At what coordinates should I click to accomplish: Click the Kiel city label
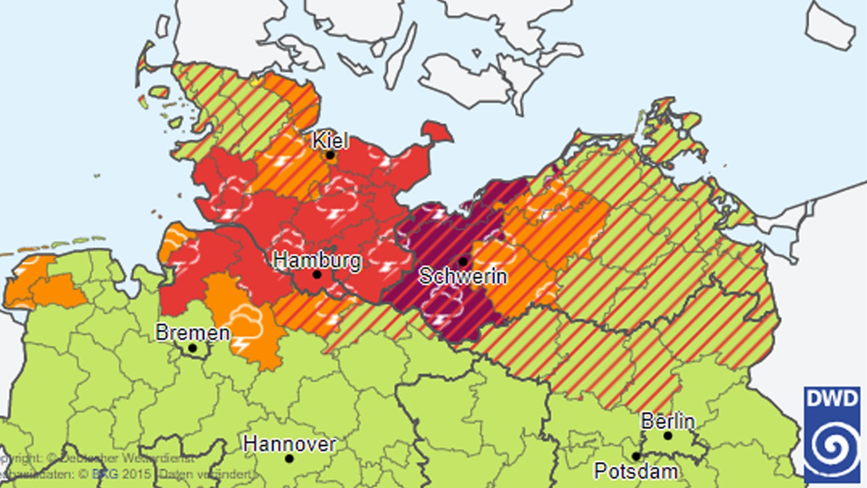(x=329, y=141)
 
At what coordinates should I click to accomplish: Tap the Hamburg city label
(x=317, y=260)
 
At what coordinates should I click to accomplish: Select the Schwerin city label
(x=463, y=276)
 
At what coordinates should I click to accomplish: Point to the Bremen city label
(x=192, y=332)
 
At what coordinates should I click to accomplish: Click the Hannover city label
(x=289, y=444)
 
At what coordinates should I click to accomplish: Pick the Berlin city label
(x=668, y=421)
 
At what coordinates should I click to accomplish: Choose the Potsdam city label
(x=636, y=471)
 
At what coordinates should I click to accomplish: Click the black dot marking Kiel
(x=330, y=156)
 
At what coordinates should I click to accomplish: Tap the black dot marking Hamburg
(x=317, y=275)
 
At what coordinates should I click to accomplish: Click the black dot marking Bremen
(x=192, y=348)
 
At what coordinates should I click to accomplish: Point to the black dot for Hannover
(x=289, y=459)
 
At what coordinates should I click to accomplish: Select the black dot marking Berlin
(x=668, y=435)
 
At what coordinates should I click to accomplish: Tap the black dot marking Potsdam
(x=636, y=457)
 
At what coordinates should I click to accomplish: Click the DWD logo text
(x=832, y=399)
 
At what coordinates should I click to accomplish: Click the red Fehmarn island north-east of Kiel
(x=436, y=132)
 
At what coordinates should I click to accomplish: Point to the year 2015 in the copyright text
(x=135, y=474)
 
